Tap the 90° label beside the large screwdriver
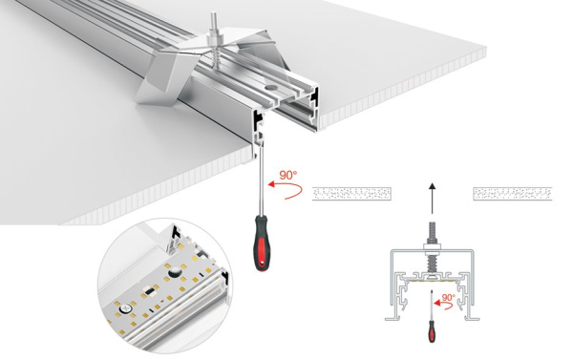(x=286, y=176)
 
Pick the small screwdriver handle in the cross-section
(x=430, y=334)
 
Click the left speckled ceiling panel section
(x=352, y=193)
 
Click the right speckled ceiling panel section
(x=514, y=193)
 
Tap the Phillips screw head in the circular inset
(x=126, y=308)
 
